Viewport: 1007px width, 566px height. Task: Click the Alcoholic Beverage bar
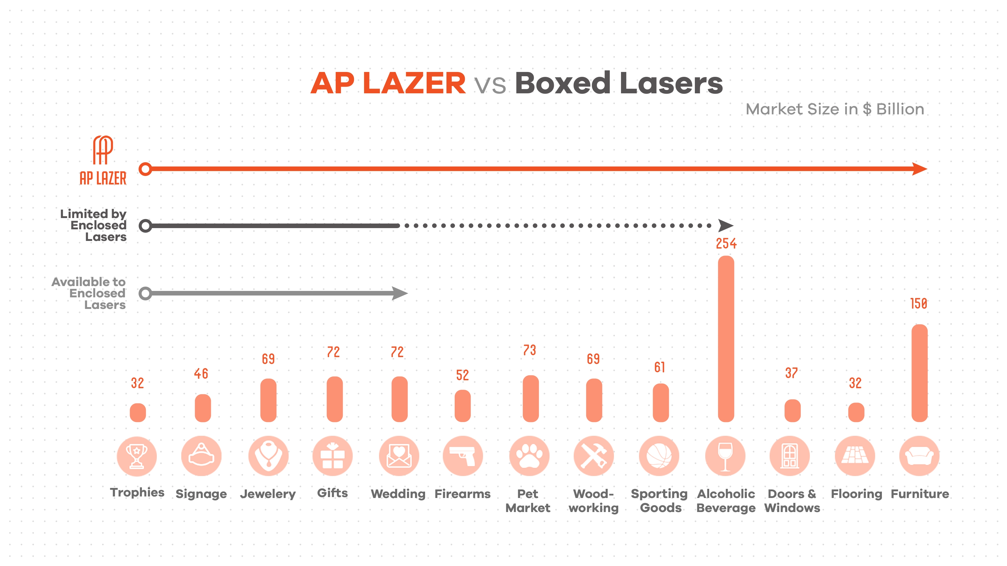click(726, 339)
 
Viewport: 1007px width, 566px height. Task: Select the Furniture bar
click(919, 373)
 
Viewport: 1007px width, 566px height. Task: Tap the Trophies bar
click(138, 413)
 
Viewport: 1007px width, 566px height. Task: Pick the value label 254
click(726, 244)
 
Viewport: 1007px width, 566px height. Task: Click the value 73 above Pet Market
click(529, 350)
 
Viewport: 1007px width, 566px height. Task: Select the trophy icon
click(137, 456)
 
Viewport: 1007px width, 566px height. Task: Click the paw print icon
click(529, 456)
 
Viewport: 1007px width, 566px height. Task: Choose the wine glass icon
click(725, 456)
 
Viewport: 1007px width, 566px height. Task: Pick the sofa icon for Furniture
click(919, 456)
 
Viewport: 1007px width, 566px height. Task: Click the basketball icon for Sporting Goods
click(659, 456)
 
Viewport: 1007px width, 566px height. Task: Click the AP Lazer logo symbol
click(103, 150)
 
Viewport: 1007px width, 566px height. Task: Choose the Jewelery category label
click(268, 494)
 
